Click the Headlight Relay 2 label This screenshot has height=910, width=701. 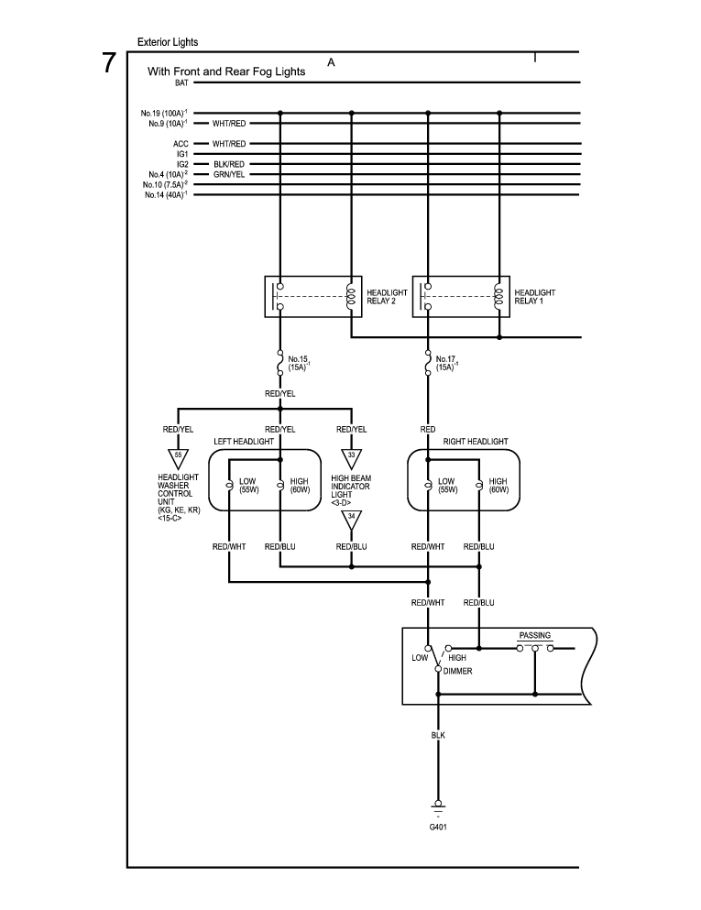(x=387, y=297)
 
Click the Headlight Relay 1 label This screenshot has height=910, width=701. (x=534, y=297)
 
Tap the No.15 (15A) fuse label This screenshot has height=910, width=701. (x=299, y=363)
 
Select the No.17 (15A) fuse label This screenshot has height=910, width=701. (x=447, y=363)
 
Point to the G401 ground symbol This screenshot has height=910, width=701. (x=438, y=806)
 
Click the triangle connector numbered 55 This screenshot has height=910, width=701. (x=178, y=458)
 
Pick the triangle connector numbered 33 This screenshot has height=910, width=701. (x=351, y=458)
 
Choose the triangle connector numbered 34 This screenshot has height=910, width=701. (x=351, y=520)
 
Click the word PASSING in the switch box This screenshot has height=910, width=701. (x=534, y=635)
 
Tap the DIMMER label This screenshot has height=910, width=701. (x=458, y=671)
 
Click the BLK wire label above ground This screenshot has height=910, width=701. (x=438, y=735)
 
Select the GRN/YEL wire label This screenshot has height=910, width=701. (x=229, y=174)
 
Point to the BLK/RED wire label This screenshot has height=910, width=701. (x=229, y=164)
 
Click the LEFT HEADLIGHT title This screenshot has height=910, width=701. (x=244, y=442)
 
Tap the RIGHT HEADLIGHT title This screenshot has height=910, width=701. (x=476, y=442)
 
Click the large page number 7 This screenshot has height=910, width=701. (x=109, y=63)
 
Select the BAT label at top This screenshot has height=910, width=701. (x=181, y=83)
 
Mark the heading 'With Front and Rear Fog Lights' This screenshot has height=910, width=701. (x=226, y=71)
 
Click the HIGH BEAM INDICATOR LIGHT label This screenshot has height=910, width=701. (x=351, y=490)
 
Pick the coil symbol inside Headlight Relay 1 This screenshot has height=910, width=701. (x=498, y=297)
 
